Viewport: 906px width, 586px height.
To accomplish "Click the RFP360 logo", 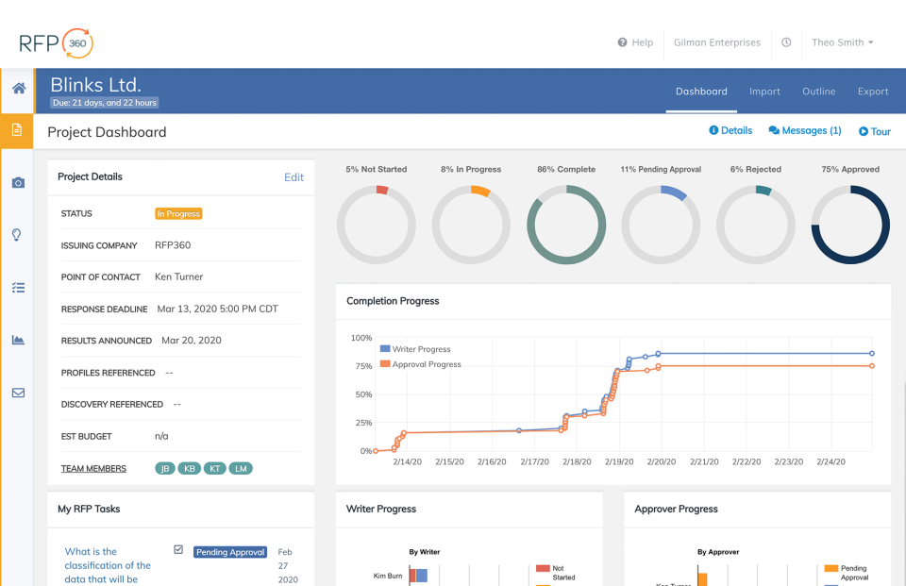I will pyautogui.click(x=56, y=42).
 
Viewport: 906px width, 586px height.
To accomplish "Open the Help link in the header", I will pyautogui.click(x=635, y=42).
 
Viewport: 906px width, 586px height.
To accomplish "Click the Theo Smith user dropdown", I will pyautogui.click(x=842, y=42).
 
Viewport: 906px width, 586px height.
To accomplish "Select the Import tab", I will pyautogui.click(x=764, y=92).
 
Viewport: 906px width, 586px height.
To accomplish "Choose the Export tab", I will pyautogui.click(x=873, y=92).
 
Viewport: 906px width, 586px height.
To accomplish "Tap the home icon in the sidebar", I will pyautogui.click(x=18, y=89).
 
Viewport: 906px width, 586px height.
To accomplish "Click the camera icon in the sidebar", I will pyautogui.click(x=18, y=182).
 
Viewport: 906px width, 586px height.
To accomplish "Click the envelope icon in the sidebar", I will pyautogui.click(x=18, y=393).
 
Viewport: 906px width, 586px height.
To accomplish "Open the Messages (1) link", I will pyautogui.click(x=805, y=131).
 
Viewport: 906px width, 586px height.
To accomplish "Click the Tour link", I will pyautogui.click(x=875, y=132).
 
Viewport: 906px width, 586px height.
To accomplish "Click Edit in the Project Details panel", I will pyautogui.click(x=294, y=177).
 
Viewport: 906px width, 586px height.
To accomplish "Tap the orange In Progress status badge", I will pyautogui.click(x=178, y=214).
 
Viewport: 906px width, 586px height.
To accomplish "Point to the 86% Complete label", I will pyautogui.click(x=566, y=170).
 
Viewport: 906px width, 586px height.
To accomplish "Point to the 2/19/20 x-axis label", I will pyautogui.click(x=619, y=462).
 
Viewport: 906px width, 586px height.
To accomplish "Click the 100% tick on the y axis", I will pyautogui.click(x=361, y=338).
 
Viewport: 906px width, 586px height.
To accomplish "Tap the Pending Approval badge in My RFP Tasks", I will pyautogui.click(x=230, y=552).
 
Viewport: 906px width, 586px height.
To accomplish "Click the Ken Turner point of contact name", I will pyautogui.click(x=178, y=277).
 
